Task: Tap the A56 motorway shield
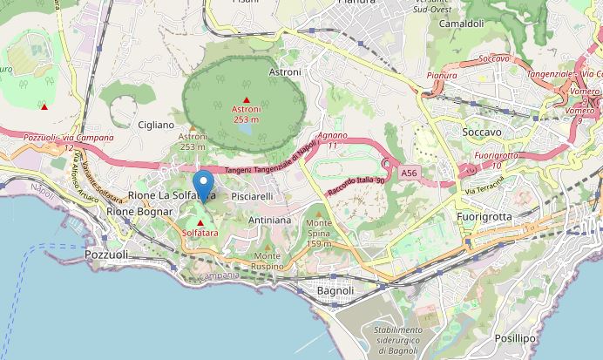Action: click(x=410, y=174)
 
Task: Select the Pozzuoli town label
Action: click(x=107, y=255)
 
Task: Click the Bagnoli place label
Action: click(x=335, y=290)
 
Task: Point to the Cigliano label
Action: click(x=156, y=126)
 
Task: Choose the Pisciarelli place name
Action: click(x=253, y=197)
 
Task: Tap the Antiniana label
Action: click(x=269, y=221)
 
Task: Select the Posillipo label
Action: click(x=514, y=336)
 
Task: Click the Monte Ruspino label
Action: click(x=267, y=261)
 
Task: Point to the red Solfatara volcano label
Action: click(x=200, y=234)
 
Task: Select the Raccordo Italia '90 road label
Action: click(x=356, y=181)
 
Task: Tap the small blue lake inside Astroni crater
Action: click(x=247, y=130)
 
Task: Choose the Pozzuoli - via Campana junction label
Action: click(x=70, y=139)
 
